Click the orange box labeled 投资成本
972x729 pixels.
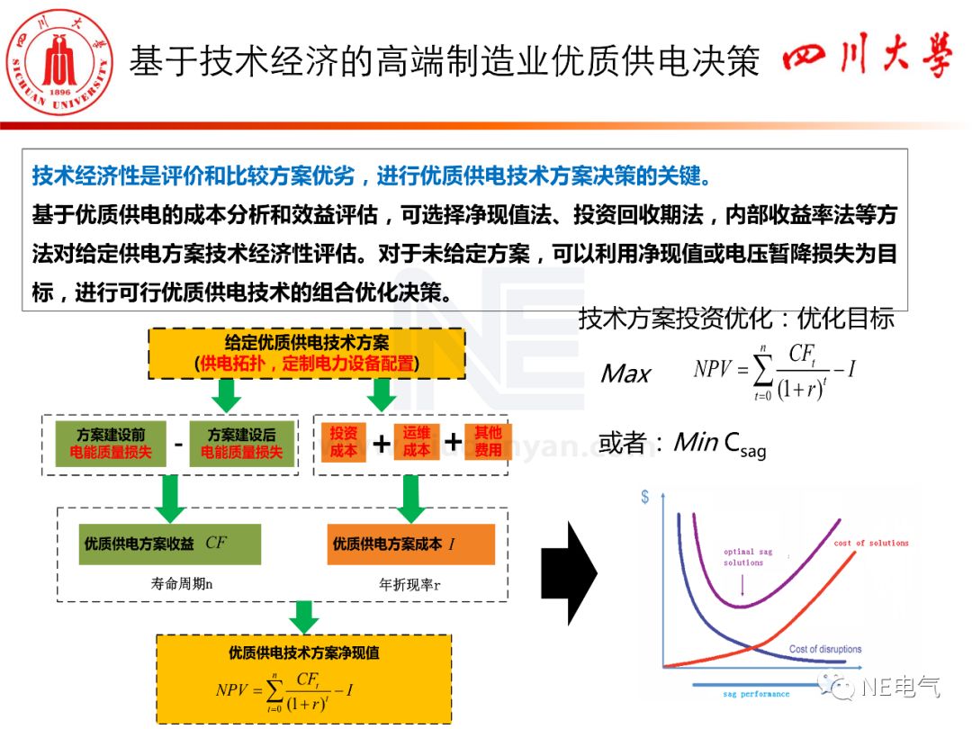(x=344, y=441)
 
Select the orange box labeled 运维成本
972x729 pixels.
(x=416, y=441)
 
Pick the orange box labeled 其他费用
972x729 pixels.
(x=488, y=441)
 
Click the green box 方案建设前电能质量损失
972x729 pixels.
(x=111, y=443)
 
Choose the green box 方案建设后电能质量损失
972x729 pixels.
(x=241, y=443)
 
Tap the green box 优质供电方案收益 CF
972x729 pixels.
(x=169, y=544)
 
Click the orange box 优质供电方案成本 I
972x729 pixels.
(x=410, y=544)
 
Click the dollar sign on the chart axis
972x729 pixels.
(x=645, y=497)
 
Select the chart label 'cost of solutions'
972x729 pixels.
(x=870, y=544)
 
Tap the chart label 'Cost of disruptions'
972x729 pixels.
(x=824, y=649)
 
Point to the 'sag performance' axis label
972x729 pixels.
(x=756, y=694)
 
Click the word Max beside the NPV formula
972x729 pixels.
(x=625, y=373)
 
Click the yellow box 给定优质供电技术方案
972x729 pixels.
(x=306, y=353)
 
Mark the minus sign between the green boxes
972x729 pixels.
(x=178, y=444)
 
